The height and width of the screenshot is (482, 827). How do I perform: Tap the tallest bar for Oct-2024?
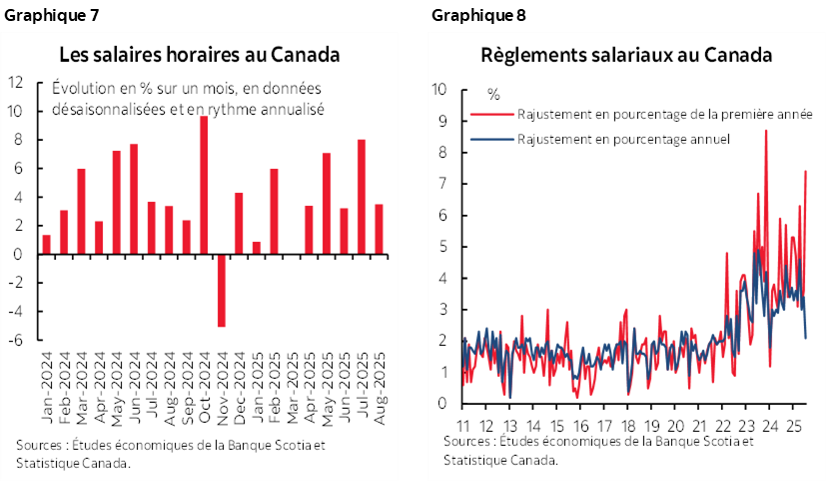tap(204, 185)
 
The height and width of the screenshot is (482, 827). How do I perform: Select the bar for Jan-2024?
tap(46, 244)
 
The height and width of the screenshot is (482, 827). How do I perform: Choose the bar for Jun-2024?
tap(134, 199)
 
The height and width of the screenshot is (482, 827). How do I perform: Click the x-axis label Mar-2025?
tap(292, 373)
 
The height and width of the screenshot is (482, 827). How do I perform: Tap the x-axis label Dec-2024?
tap(239, 373)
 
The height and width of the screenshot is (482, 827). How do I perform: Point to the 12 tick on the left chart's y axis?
tap(16, 83)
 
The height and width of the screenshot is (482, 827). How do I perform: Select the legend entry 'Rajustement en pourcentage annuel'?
tap(624, 138)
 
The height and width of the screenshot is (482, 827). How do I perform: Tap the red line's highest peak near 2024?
tap(766, 131)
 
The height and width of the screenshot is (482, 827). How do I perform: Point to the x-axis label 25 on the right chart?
tap(791, 424)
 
